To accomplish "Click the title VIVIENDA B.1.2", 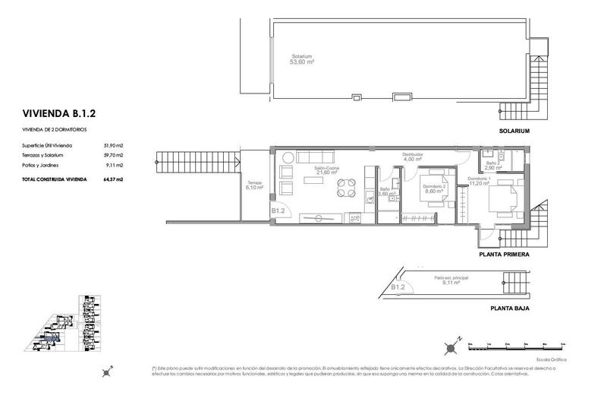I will (x=58, y=115).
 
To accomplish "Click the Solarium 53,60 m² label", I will (x=303, y=59).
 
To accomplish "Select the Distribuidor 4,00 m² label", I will (x=413, y=157).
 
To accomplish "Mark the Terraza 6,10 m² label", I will (x=254, y=186).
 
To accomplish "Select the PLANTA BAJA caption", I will (x=509, y=309).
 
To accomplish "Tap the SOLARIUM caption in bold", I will (x=514, y=131).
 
